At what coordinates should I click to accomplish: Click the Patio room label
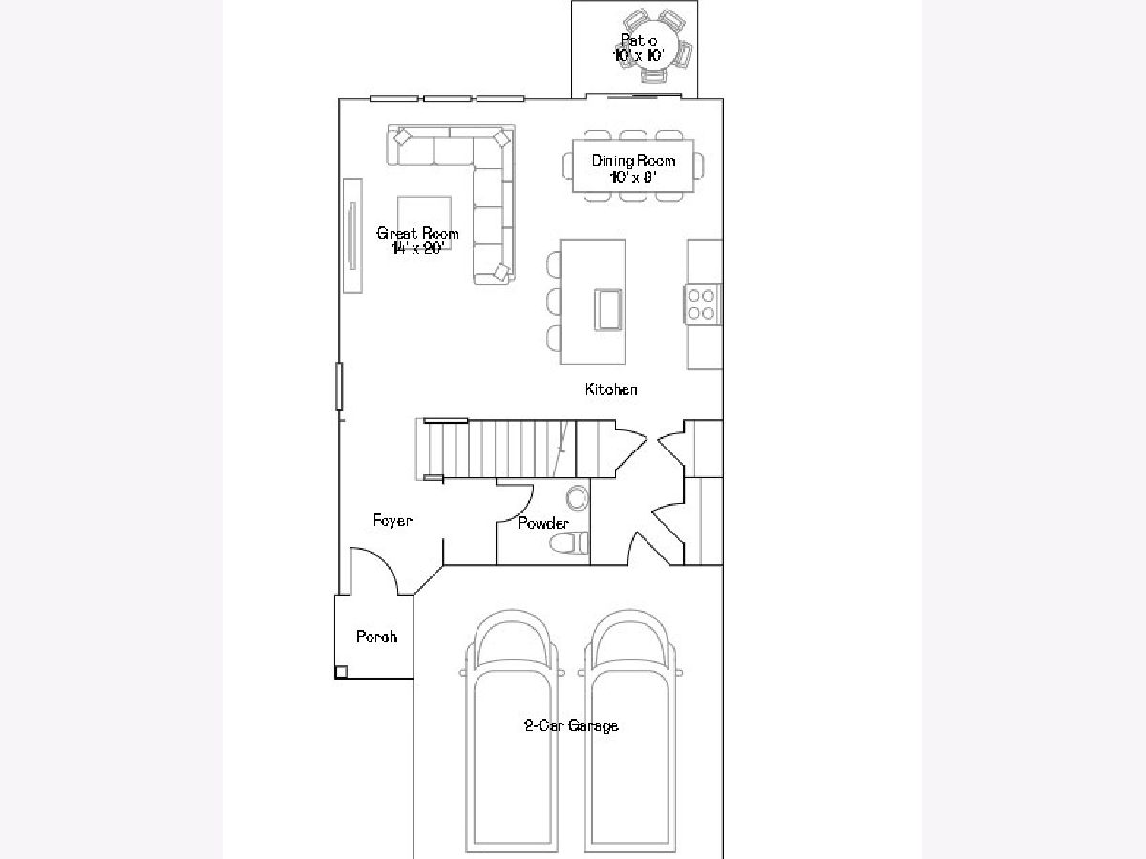639,40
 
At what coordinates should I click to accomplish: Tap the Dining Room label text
633,160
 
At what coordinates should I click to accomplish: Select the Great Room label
417,233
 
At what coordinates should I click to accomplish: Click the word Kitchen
611,389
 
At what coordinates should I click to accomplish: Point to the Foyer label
393,520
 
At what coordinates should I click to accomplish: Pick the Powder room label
543,523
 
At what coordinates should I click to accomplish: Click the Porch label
376,637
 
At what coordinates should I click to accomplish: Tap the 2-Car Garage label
571,725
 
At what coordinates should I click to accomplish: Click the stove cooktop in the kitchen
702,304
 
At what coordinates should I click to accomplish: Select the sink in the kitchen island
607,310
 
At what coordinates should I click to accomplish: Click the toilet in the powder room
569,543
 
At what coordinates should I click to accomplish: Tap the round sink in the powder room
577,498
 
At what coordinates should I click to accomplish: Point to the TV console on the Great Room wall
352,236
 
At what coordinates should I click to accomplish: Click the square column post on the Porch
341,672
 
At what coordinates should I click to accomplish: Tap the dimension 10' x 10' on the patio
639,55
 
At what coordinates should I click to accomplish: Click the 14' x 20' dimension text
417,248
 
